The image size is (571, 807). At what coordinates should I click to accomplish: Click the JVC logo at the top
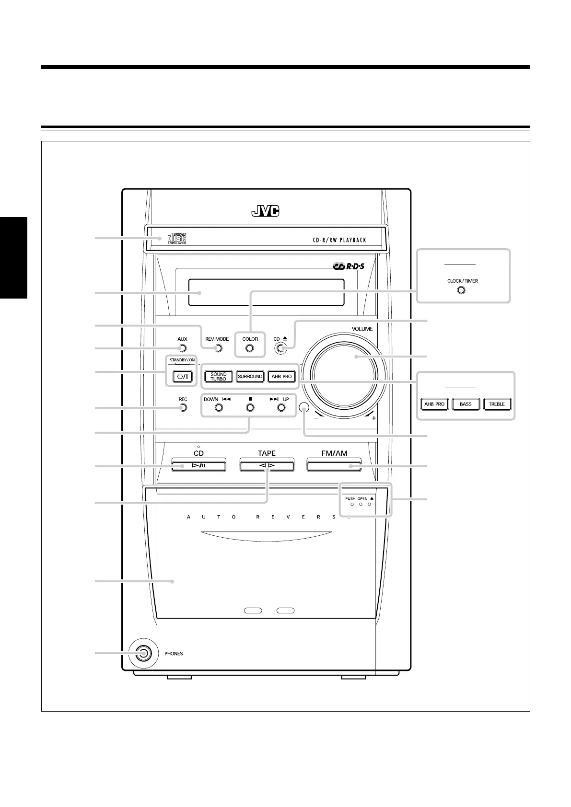tap(265, 211)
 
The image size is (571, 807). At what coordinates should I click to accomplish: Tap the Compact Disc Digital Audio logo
tap(177, 238)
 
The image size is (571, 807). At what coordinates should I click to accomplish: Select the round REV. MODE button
tap(218, 348)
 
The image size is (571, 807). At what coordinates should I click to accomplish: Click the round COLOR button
tap(250, 348)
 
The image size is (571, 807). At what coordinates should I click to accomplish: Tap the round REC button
tap(182, 408)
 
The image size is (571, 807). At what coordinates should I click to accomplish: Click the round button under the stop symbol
tap(250, 408)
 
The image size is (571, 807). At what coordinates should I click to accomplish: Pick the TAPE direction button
tap(267, 466)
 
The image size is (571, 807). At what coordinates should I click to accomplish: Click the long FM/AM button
tap(334, 466)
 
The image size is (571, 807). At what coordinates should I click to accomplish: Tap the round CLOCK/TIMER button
tap(461, 290)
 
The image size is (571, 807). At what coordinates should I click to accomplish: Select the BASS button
tap(466, 404)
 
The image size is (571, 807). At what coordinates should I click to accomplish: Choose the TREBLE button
tap(497, 404)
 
